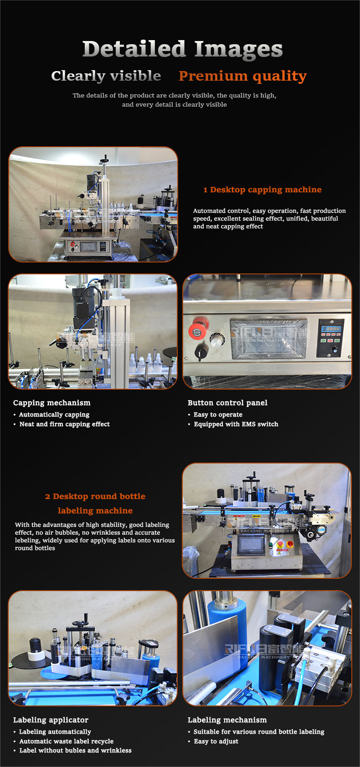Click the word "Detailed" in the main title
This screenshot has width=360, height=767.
134,49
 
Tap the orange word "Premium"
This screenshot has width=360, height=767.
213,76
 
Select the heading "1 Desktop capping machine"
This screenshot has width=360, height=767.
262,190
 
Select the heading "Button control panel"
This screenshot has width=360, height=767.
227,403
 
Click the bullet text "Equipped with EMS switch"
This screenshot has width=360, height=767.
236,424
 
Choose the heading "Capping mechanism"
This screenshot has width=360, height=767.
52,403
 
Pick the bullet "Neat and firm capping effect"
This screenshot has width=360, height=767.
64,424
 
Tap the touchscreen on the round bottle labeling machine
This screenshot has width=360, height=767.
251,544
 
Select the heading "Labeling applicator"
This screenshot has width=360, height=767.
51,720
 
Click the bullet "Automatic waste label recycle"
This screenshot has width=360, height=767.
67,741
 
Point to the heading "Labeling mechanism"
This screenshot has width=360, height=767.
227,720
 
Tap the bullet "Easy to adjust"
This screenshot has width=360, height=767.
216,741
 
